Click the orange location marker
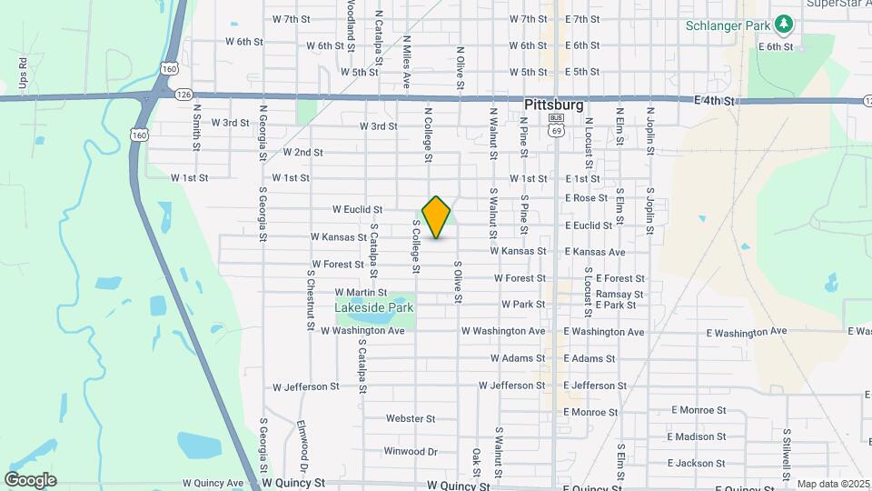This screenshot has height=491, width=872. pyautogui.click(x=436, y=217)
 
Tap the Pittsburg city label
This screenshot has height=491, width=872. pyautogui.click(x=554, y=105)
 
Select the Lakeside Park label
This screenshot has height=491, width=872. pyautogui.click(x=374, y=308)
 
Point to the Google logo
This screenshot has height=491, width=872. pyautogui.click(x=30, y=479)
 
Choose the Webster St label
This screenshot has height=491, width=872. pyautogui.click(x=411, y=419)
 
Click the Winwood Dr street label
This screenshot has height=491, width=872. pyautogui.click(x=411, y=452)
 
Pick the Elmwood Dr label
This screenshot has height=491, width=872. pyautogui.click(x=302, y=443)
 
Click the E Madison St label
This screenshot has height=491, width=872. pyautogui.click(x=696, y=437)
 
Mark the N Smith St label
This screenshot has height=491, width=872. pyautogui.click(x=196, y=125)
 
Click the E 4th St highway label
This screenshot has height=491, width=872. pyautogui.click(x=712, y=101)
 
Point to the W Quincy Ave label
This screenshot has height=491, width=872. pyautogui.click(x=213, y=484)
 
